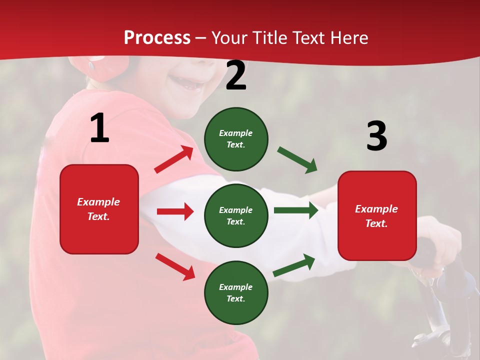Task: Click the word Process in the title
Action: [157, 37]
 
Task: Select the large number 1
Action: [99, 128]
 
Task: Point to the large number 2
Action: [236, 76]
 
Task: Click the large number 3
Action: [376, 136]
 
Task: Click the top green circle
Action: [236, 138]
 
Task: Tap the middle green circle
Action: [236, 215]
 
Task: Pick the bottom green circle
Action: [236, 292]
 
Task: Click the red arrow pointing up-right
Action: [174, 159]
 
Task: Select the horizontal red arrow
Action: [175, 211]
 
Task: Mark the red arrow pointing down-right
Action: [175, 266]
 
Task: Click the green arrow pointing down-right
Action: [297, 160]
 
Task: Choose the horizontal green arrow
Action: [295, 210]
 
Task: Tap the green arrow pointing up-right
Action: [294, 265]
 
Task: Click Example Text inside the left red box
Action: [98, 209]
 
